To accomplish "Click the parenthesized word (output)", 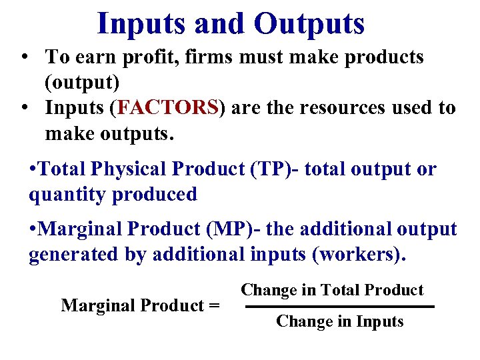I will click(82, 83).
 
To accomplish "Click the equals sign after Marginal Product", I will click(214, 306).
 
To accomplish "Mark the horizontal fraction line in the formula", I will click(339, 307).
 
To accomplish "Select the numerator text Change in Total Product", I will click(332, 290).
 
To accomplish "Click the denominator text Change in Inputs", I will click(339, 321).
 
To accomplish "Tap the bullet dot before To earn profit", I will click(24, 58).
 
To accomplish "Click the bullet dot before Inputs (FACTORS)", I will click(24, 109).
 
